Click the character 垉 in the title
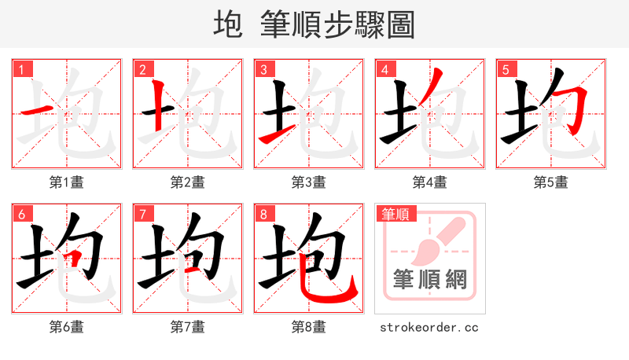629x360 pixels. tap(227, 25)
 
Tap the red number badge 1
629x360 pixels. tap(20, 69)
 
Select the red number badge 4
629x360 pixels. tap(384, 69)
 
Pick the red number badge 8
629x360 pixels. tap(263, 214)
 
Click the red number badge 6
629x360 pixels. tap(20, 214)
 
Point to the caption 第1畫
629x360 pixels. tap(67, 182)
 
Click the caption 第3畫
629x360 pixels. tap(309, 182)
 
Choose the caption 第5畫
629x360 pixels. tap(551, 182)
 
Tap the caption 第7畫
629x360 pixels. tap(188, 326)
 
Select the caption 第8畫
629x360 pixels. tap(309, 326)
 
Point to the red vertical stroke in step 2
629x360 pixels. tap(158, 102)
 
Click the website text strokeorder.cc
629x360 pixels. tap(429, 327)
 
